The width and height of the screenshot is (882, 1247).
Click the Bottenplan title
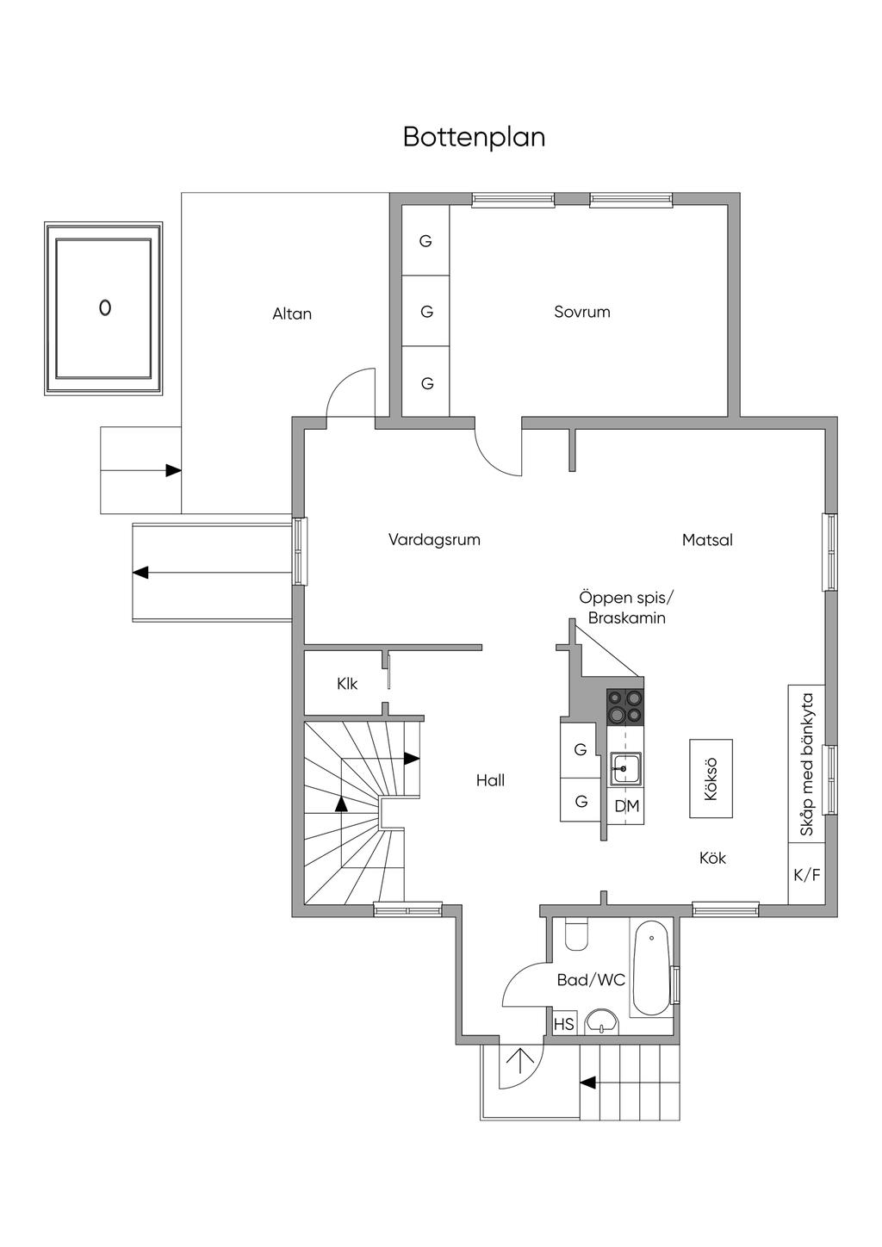pos(474,138)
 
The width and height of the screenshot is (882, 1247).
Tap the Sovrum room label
pos(582,312)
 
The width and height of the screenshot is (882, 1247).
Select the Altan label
pos(292,314)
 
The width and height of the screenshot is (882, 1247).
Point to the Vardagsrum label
pos(434,539)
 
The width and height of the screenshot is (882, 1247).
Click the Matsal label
pos(707,539)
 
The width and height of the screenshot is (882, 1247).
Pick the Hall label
pos(490,780)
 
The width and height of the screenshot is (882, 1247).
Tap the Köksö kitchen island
pos(711,779)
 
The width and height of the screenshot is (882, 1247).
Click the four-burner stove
pos(624,706)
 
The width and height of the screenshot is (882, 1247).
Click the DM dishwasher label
pos(627,805)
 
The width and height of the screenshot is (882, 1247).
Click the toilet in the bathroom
pos(576,934)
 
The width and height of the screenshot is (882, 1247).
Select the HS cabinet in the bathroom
pos(563,1024)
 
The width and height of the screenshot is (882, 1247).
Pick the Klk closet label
pos(347,684)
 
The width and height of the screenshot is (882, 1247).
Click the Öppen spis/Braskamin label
pos(626,609)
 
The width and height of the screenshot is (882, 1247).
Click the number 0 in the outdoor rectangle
pos(105,307)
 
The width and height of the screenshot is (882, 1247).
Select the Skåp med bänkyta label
pos(806,765)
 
